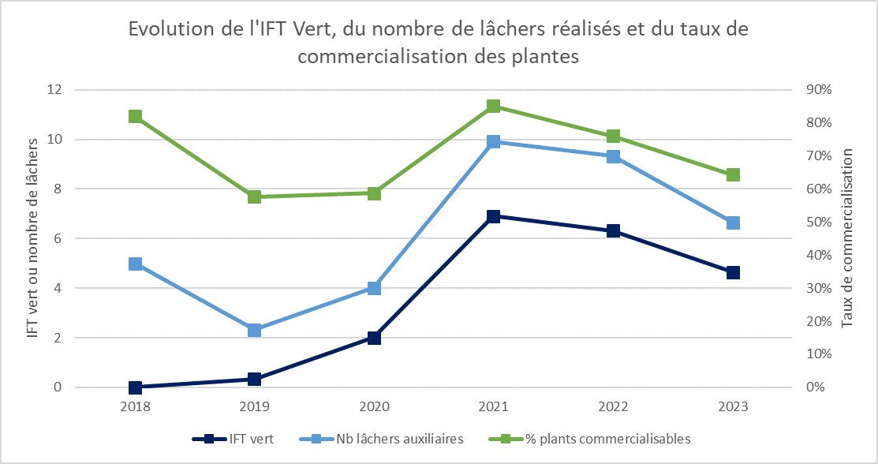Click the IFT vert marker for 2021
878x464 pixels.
coord(493,216)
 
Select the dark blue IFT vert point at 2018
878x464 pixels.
coord(135,387)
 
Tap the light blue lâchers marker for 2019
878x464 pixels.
coord(254,330)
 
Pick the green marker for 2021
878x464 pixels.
coord(493,107)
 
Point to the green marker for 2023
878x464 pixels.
coord(733,174)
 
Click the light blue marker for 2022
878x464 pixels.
coord(613,156)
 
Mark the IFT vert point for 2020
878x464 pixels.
coord(374,338)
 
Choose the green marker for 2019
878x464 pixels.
coord(254,196)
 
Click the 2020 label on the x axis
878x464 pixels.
coord(374,407)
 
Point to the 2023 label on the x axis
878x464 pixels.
coord(733,407)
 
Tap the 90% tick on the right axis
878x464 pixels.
coord(818,90)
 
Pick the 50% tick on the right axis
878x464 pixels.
coord(818,223)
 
